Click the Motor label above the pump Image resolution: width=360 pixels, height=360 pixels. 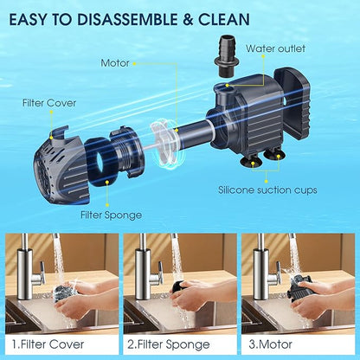115,63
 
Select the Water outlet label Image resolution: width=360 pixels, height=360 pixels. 276,48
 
